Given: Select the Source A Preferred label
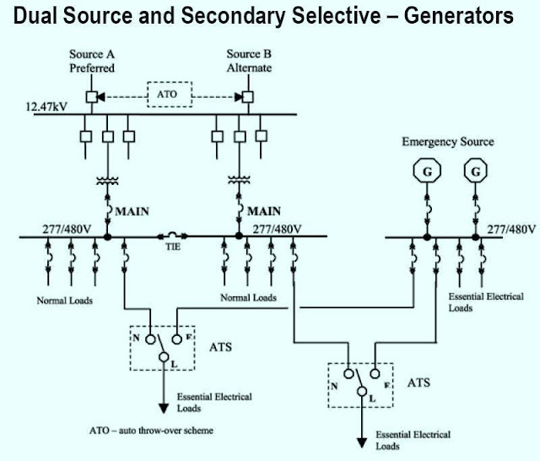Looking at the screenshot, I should coord(92,61).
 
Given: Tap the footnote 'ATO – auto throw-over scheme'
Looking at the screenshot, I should coord(152,431).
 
